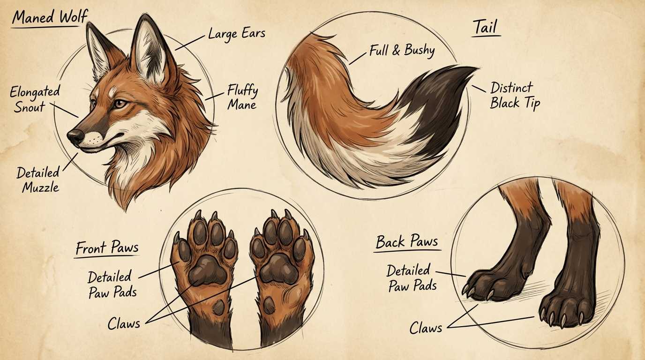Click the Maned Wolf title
49,17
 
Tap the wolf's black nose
75,137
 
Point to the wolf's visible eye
119,103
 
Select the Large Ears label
236,34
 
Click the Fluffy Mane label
242,97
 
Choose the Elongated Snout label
34,99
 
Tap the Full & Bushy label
402,51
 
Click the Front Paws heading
107,248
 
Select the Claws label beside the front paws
124,324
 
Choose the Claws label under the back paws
426,328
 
